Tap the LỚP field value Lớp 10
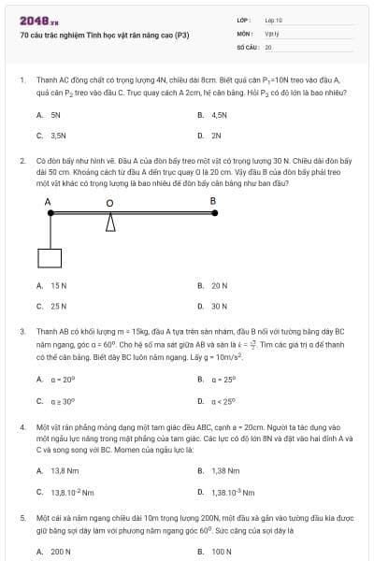273,20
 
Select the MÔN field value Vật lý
272,33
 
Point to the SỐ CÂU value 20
268,46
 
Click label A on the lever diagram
48,201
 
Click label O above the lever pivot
109,203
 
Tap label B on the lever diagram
212,201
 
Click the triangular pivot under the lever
110,223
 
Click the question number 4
22,426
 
